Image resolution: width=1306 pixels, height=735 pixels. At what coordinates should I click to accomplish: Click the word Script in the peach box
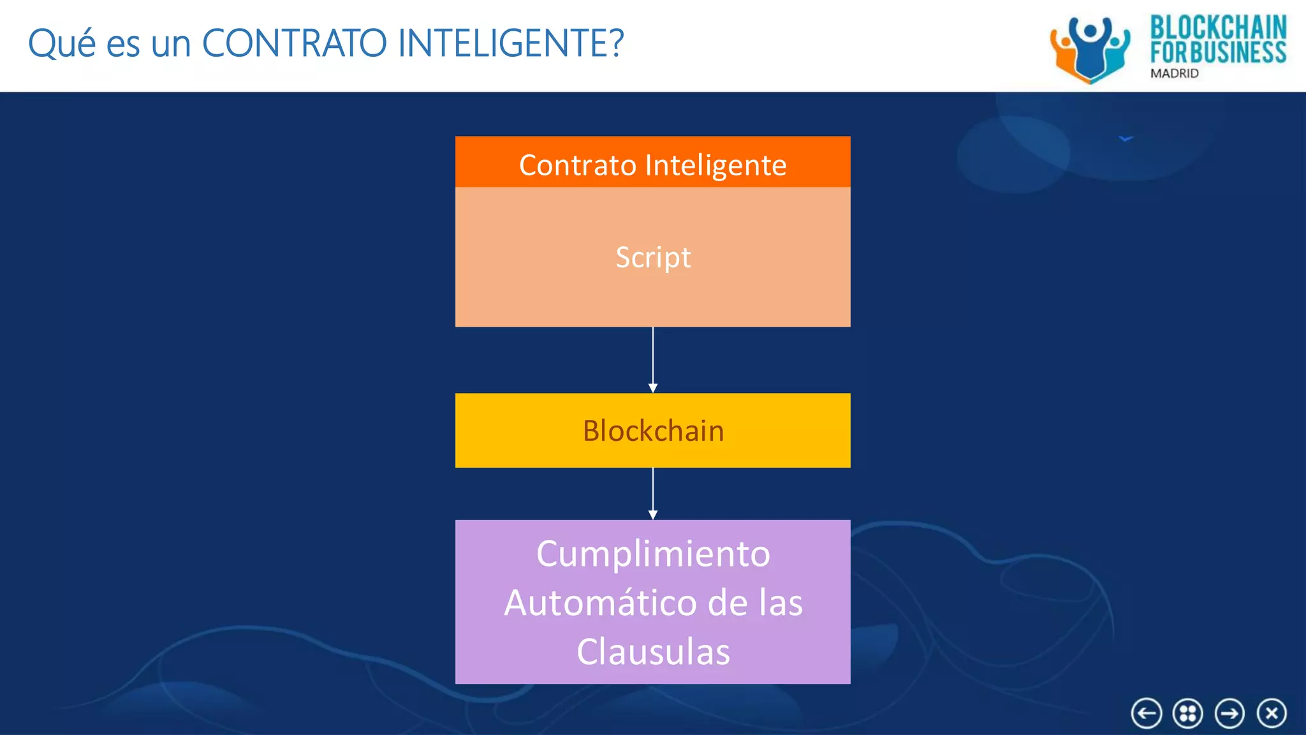point(653,258)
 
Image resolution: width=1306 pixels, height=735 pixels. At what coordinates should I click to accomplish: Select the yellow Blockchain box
point(653,431)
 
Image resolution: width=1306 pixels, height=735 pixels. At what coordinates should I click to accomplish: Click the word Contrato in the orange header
point(578,165)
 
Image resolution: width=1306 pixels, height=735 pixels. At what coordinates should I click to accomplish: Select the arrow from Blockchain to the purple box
point(653,493)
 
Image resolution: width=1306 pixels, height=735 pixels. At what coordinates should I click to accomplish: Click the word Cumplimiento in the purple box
point(653,554)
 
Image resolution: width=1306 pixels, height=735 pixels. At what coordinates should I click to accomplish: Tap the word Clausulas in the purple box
point(653,652)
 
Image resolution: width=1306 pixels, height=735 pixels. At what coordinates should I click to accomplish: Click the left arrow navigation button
point(1146,713)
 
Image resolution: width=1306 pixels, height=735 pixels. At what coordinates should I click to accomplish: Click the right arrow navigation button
point(1229,713)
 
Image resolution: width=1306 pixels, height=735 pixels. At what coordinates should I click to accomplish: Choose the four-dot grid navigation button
point(1187,713)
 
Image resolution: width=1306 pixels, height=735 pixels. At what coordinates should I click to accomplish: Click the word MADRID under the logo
point(1174,73)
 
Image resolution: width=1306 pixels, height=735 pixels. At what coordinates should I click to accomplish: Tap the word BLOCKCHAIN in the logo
point(1218,28)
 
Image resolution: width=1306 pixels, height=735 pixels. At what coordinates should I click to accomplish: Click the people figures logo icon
point(1090,50)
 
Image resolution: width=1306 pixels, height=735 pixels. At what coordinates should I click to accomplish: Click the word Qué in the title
point(62,43)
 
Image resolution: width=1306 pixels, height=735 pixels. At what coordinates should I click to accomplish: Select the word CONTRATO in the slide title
point(295,43)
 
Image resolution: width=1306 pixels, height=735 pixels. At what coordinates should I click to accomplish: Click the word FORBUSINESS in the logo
point(1218,52)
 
